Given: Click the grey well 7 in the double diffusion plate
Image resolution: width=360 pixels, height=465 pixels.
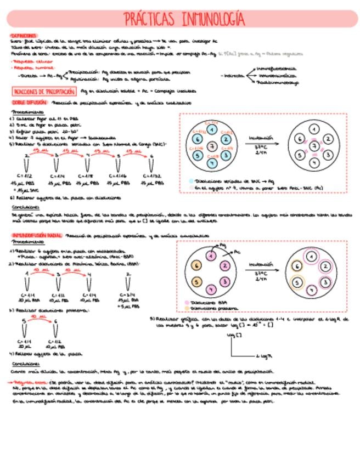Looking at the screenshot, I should click(212, 146).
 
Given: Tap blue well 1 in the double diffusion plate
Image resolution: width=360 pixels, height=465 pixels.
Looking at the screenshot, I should click(212, 129).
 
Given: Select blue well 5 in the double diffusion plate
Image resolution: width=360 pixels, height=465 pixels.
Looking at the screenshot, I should click(197, 155).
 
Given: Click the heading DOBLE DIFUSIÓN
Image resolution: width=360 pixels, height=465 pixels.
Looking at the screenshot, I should click(28, 103).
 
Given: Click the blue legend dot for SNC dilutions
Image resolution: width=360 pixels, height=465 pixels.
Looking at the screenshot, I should click(191, 180).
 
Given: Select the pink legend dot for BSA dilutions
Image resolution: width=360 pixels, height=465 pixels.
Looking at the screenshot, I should click(188, 303).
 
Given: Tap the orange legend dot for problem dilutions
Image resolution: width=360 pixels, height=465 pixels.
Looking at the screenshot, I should click(188, 308).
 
